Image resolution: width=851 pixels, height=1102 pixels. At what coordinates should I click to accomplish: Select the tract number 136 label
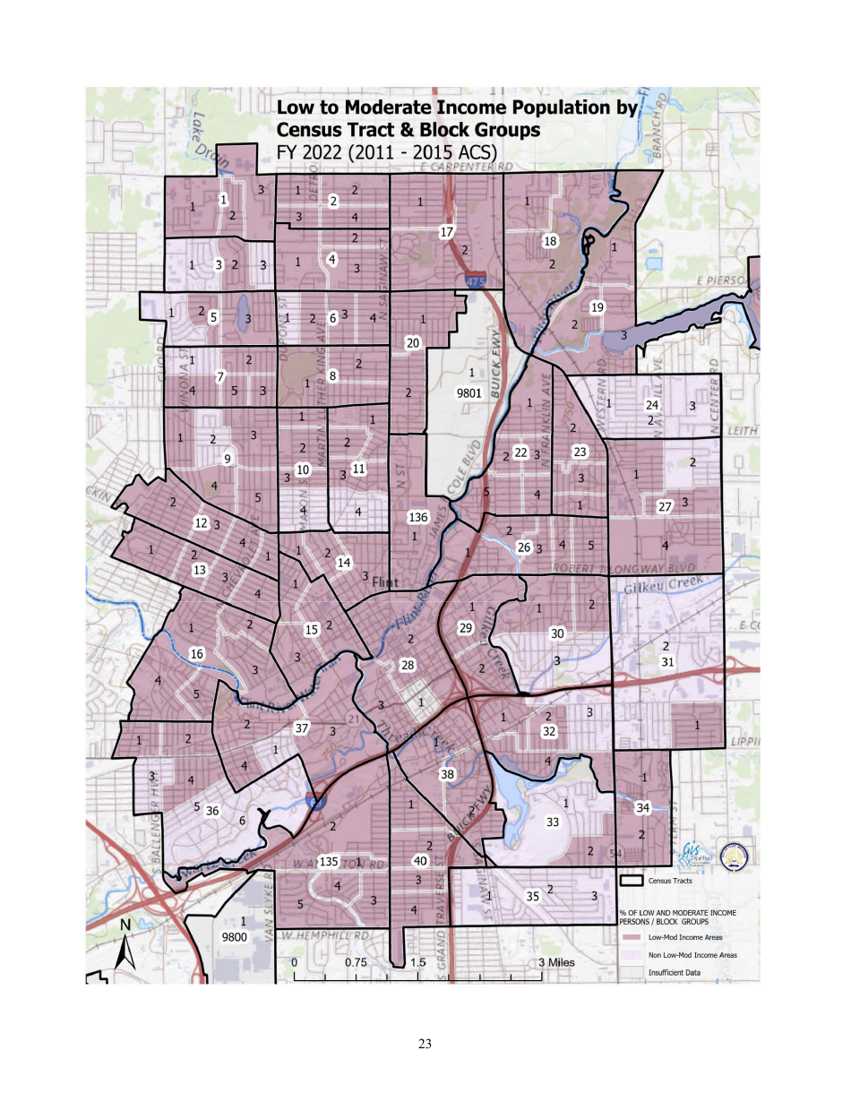[417, 517]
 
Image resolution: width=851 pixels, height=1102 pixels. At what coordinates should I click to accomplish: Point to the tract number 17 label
[446, 233]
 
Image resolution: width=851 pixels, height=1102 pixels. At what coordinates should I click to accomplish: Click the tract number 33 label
[553, 822]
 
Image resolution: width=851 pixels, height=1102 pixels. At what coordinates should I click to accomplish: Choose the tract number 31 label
[666, 662]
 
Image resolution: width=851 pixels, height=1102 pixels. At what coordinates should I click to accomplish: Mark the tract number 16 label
[197, 655]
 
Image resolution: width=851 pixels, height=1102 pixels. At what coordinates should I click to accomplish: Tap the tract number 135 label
[329, 861]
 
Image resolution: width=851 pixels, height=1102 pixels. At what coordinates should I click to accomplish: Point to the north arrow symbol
[125, 946]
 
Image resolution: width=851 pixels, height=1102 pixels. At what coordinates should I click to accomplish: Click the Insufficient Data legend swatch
[633, 970]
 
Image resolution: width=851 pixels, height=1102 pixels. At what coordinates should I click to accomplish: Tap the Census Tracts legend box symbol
[633, 881]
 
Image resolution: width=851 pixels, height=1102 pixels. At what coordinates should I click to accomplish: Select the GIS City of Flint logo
[692, 852]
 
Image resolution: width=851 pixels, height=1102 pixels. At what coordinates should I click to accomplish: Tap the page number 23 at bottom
[425, 1043]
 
